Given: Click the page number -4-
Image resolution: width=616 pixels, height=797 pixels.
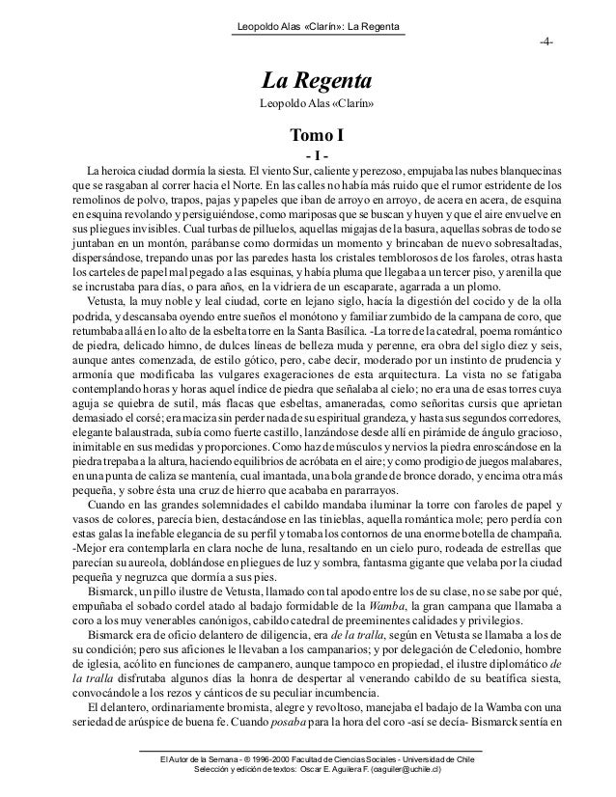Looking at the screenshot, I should tap(546, 44).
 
